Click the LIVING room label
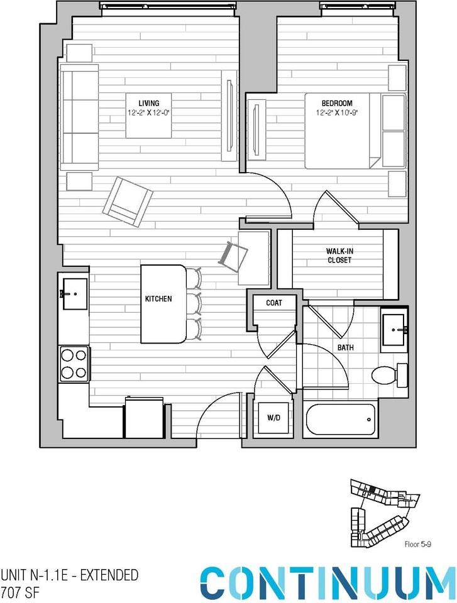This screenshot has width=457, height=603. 148,103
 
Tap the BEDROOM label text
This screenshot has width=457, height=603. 337,103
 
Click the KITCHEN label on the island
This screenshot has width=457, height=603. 158,299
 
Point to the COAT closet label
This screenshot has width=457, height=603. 273,303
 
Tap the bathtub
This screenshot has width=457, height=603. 340,420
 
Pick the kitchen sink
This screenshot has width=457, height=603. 74,293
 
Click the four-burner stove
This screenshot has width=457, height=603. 74,364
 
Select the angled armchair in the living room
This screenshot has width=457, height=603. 128,202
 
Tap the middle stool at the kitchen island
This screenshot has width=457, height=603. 193,304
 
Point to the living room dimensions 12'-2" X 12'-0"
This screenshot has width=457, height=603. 148,114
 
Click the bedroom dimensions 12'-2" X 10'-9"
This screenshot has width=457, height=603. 337,114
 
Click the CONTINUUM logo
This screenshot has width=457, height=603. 328,582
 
